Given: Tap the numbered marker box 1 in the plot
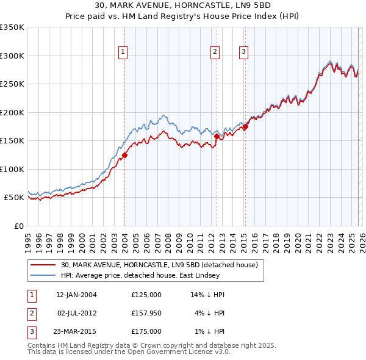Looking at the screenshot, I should pyautogui.click(x=123, y=52).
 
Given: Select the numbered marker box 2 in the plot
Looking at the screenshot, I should pyautogui.click(x=215, y=52).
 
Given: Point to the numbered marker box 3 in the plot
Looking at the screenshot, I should pyautogui.click(x=243, y=52).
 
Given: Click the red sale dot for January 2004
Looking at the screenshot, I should pyautogui.click(x=124, y=155).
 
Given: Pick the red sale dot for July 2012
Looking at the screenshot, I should pyautogui.click(x=217, y=137).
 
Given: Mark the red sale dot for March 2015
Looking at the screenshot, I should pyautogui.click(x=245, y=127).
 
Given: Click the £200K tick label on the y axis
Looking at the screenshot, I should pyautogui.click(x=12, y=112).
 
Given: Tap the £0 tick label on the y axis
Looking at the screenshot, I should pyautogui.click(x=18, y=226).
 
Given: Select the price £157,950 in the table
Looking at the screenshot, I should pyautogui.click(x=146, y=313).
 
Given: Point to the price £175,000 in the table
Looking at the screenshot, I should pyautogui.click(x=146, y=331).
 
